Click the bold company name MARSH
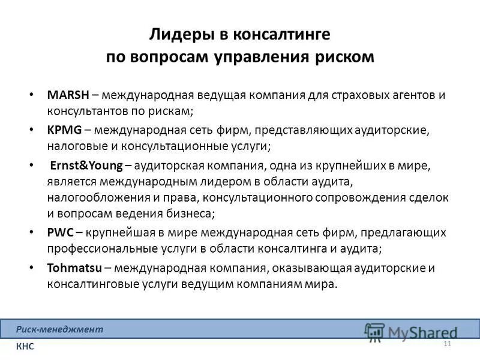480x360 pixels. pyautogui.click(x=68, y=95)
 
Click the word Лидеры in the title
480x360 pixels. pyautogui.click(x=176, y=34)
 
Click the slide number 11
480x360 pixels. pyautogui.click(x=446, y=343)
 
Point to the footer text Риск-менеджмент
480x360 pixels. pyautogui.click(x=60, y=329)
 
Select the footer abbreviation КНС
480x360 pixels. pyautogui.click(x=26, y=346)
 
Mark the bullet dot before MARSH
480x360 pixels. pyautogui.click(x=31, y=96)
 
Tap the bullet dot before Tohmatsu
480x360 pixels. pyautogui.click(x=31, y=268)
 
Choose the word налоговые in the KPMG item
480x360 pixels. pyautogui.click(x=73, y=146)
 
